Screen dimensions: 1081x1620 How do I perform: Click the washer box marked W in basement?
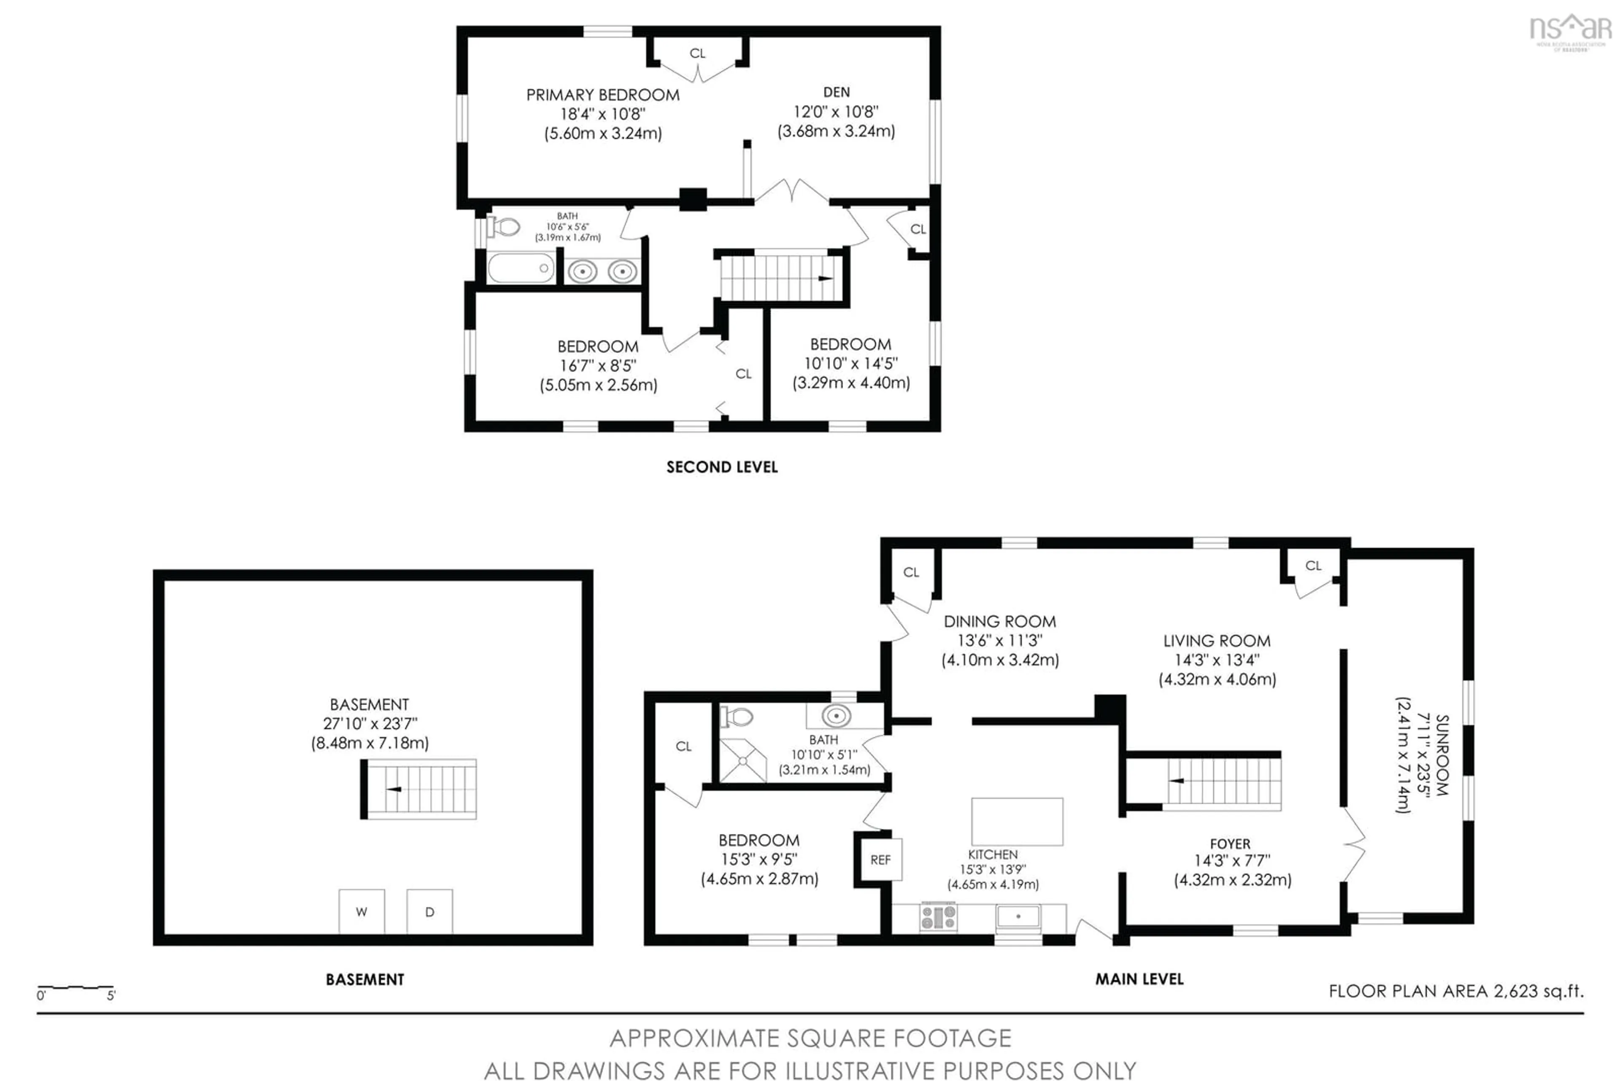[x=362, y=911]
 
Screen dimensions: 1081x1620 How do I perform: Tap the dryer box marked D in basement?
[x=429, y=911]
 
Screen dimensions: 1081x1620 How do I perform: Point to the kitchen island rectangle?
[x=1017, y=822]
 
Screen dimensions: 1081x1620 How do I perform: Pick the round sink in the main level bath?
[x=836, y=716]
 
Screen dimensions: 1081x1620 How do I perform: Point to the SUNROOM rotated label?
[x=1442, y=755]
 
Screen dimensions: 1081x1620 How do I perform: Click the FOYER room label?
[x=1230, y=844]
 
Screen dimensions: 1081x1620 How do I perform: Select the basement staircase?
[x=419, y=789]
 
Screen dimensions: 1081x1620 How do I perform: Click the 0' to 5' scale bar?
[x=76, y=989]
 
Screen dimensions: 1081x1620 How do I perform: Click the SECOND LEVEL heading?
[x=722, y=467]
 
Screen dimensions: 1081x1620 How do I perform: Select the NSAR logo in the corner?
[x=1570, y=30]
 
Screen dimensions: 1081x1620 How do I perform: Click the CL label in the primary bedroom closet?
[x=697, y=53]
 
